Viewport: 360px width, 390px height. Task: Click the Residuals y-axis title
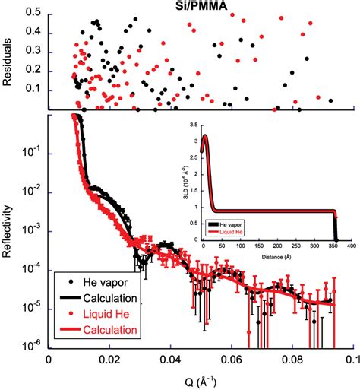[10, 59]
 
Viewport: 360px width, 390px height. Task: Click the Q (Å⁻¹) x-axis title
[199, 379]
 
